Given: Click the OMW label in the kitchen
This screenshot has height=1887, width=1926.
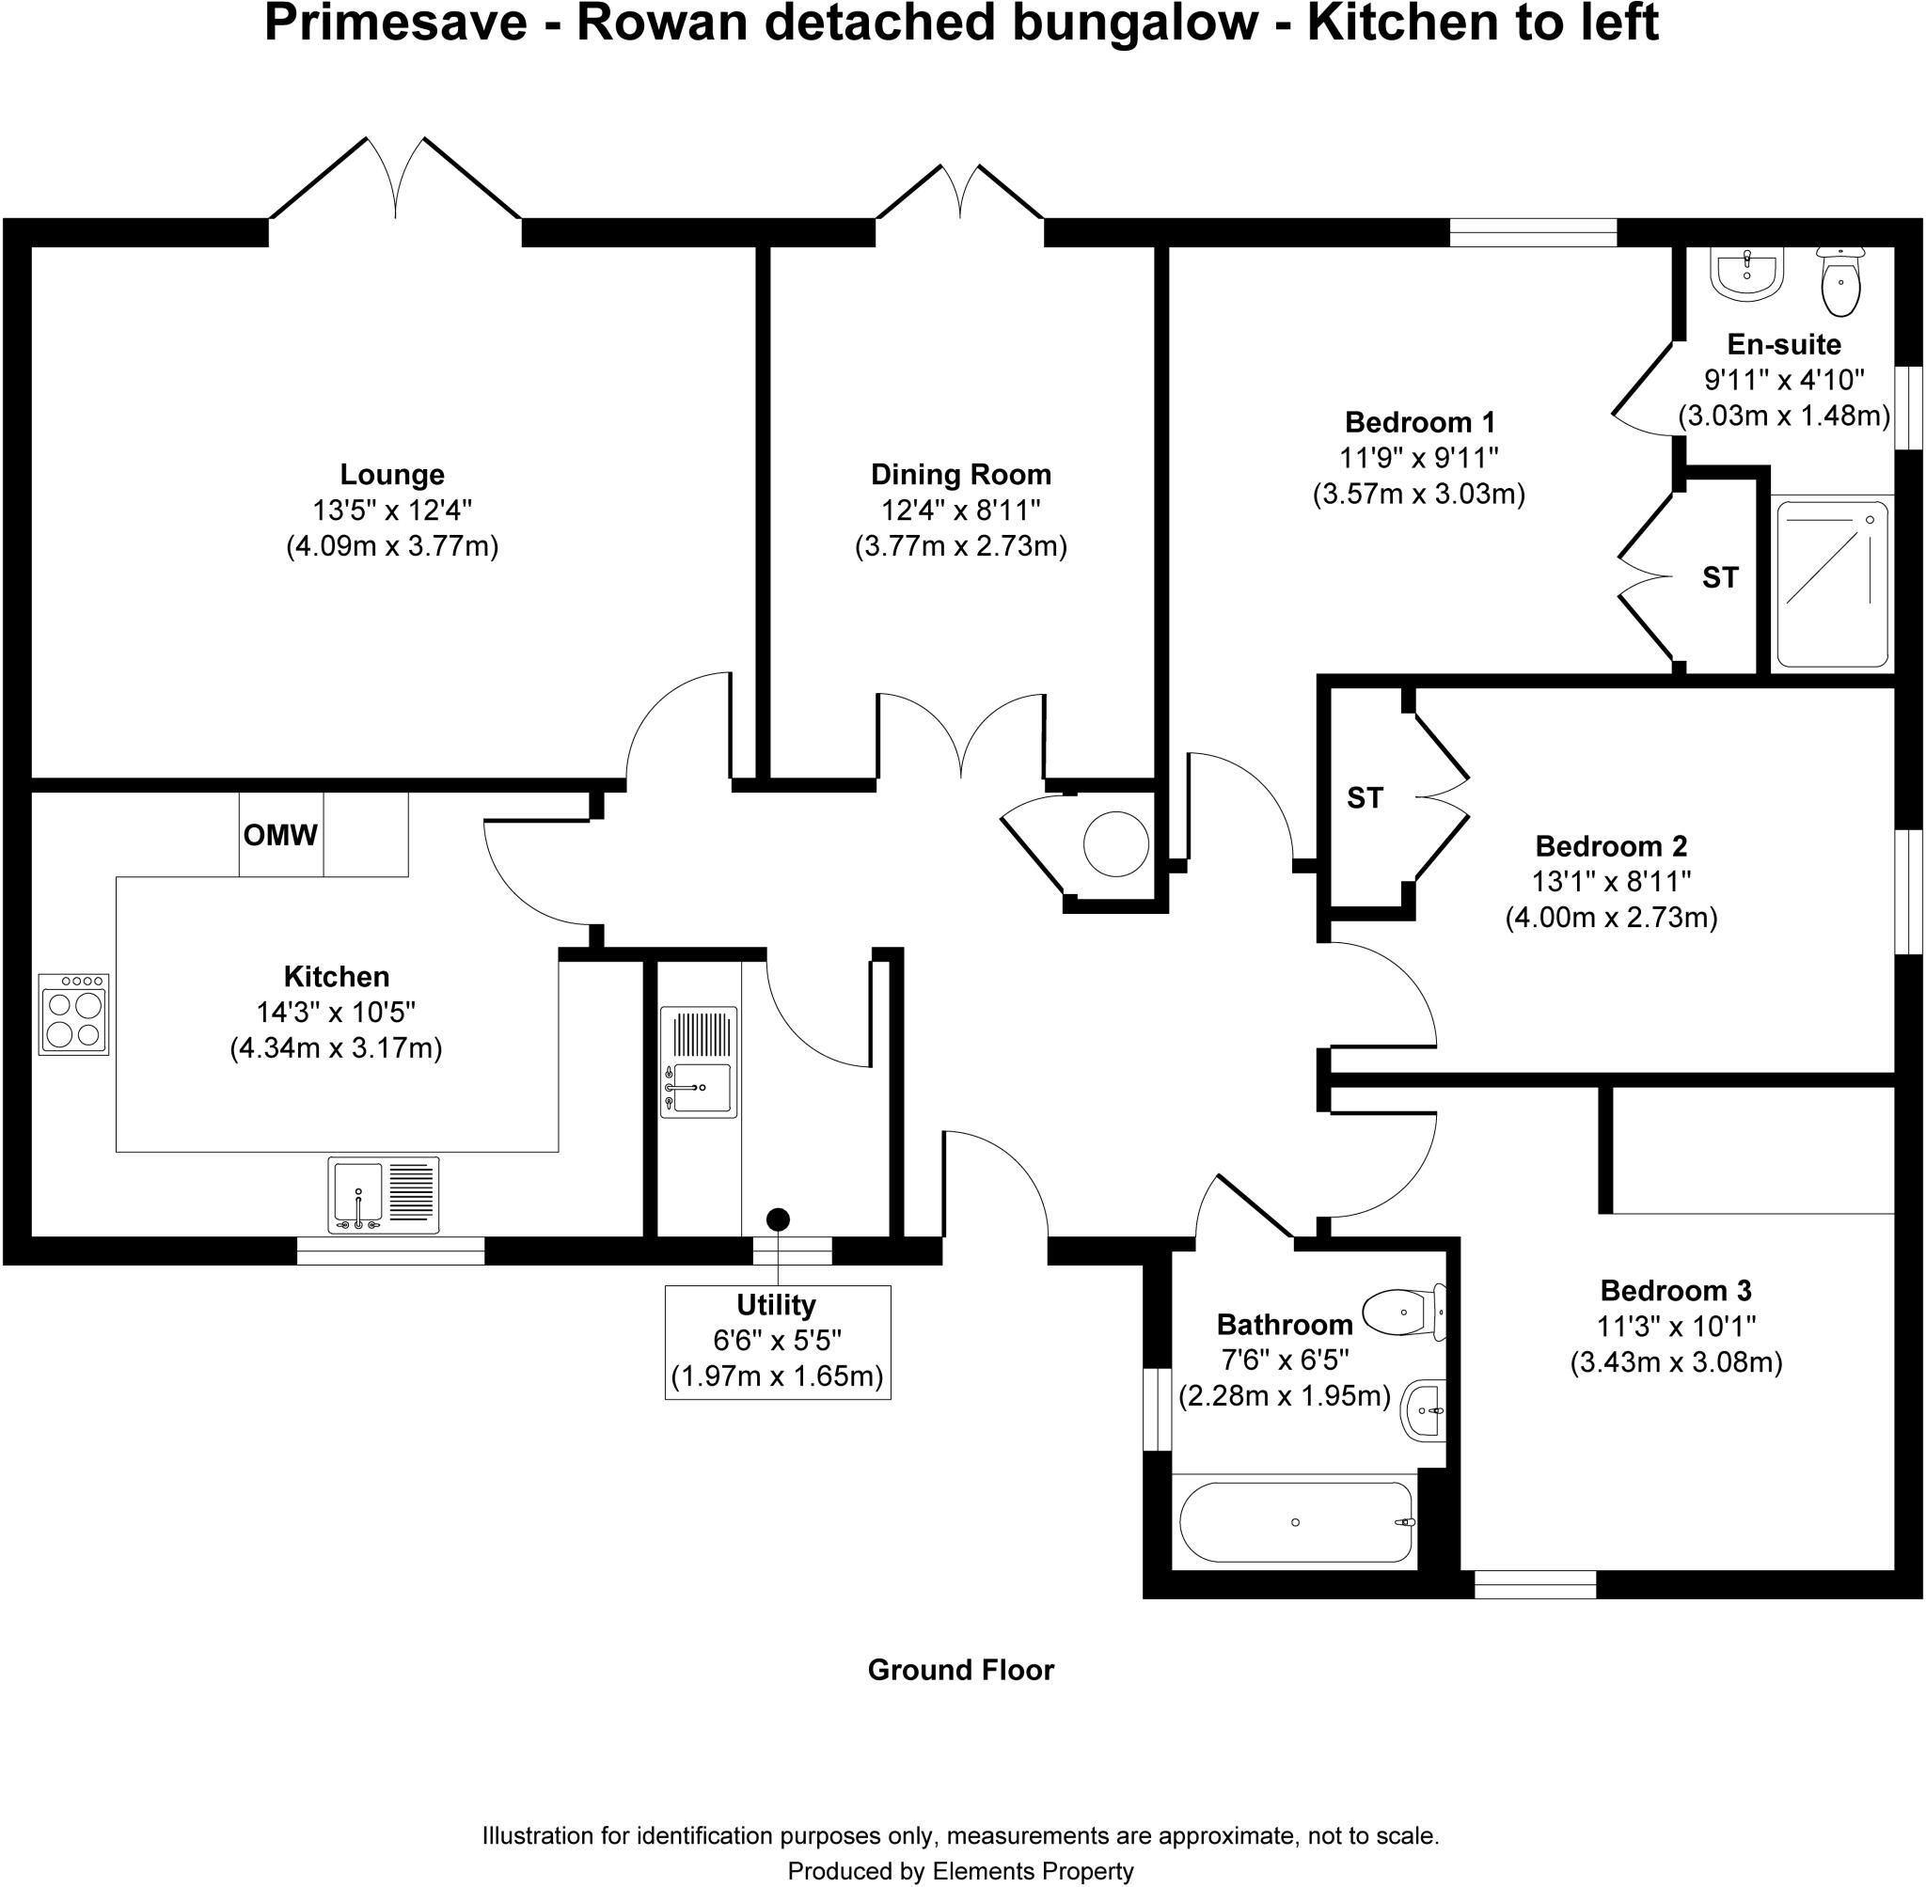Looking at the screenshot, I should [280, 836].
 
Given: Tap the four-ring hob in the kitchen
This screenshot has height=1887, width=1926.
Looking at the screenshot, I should [74, 1014].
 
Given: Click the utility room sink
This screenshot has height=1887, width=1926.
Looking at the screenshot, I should [700, 1061].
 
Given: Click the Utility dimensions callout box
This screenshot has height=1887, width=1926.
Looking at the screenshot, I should [777, 1342].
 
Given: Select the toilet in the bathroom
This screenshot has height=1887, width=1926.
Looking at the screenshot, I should [1405, 1313].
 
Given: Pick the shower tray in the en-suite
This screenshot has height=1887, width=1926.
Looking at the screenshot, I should [1832, 584].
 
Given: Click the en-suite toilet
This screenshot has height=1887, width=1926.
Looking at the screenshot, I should [1840, 282].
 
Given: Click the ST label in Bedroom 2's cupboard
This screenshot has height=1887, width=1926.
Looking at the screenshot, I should [1364, 798].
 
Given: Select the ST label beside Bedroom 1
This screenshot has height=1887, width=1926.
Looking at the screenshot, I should [1720, 578].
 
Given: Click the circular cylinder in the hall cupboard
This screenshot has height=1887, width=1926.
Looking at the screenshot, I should [1116, 843].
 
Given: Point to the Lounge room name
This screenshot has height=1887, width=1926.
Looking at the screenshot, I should [392, 474].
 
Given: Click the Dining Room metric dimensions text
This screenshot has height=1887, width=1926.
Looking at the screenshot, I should [960, 546].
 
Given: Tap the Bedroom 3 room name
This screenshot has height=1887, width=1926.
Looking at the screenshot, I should [1675, 1290].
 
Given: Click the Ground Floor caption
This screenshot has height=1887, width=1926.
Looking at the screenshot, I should [960, 1670].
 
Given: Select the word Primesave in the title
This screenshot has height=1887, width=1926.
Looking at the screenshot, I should [396, 24].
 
